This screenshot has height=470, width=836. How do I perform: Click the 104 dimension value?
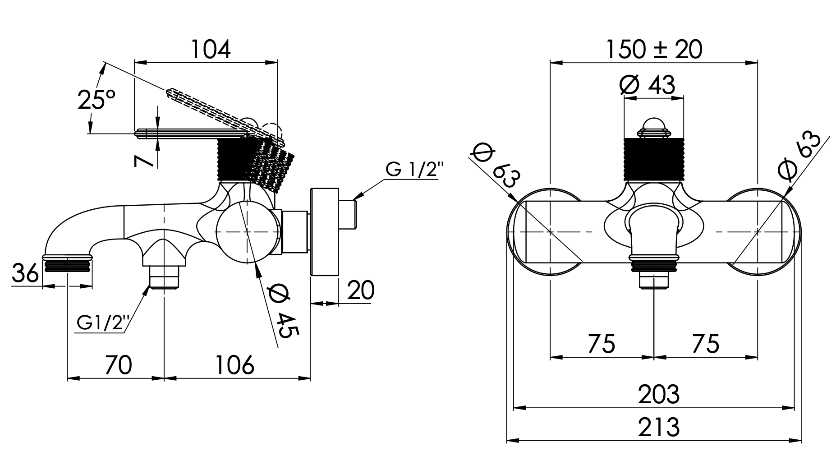pyautogui.click(x=211, y=50)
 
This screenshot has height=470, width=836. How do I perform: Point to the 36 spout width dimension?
pyautogui.click(x=26, y=274)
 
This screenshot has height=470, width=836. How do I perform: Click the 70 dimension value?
pyautogui.click(x=118, y=365)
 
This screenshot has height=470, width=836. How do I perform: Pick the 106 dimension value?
pyautogui.click(x=234, y=365)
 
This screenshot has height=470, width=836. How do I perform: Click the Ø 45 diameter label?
pyautogui.click(x=282, y=311)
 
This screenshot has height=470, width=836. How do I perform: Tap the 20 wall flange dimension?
pyautogui.click(x=361, y=290)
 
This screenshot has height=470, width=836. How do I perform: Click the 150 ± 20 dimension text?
pyautogui.click(x=653, y=49)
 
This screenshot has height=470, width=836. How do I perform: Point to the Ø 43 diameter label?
pyautogui.click(x=648, y=85)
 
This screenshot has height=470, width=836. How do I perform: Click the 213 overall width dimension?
pyautogui.click(x=658, y=427)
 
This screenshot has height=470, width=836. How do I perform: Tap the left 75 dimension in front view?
pyautogui.click(x=601, y=344)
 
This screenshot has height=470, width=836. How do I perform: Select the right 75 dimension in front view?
pyautogui.click(x=705, y=344)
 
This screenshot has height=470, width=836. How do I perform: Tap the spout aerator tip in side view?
pyautogui.click(x=68, y=263)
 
